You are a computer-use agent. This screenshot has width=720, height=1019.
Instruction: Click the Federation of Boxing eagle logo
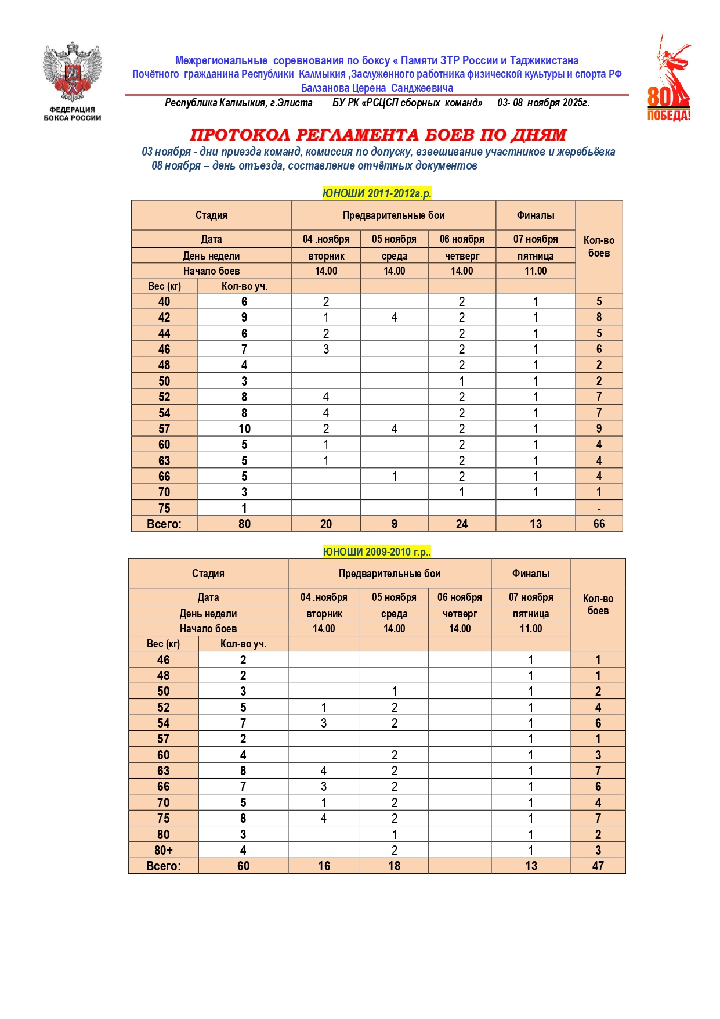coord(72,72)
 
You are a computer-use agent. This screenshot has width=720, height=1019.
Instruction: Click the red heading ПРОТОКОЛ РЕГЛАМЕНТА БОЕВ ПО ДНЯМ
coord(378,135)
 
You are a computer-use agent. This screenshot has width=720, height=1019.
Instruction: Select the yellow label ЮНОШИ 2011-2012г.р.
coord(377,193)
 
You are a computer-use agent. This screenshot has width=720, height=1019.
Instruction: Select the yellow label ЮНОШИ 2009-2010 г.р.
coord(377,552)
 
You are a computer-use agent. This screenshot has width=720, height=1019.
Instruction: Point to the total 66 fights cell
coord(599,524)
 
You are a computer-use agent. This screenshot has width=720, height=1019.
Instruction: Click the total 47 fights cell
coord(598,866)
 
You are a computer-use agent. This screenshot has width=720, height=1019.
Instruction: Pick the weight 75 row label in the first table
coord(164,508)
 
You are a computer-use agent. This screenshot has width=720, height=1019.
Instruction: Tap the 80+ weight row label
coord(164,850)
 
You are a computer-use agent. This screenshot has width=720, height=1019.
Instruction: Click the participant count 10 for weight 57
coord(244,429)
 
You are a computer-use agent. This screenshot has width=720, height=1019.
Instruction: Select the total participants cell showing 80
coord(244,524)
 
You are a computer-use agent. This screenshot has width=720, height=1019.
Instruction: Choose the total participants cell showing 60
coord(243,866)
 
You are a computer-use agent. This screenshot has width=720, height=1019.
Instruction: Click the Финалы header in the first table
coord(536,215)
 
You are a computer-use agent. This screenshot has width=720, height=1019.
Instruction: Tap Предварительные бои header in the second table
coord(389,574)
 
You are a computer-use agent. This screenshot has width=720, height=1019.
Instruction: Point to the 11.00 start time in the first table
coord(536,271)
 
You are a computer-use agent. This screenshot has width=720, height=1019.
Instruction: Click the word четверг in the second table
coord(460,614)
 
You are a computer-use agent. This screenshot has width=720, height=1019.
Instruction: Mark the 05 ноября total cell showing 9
coord(394,524)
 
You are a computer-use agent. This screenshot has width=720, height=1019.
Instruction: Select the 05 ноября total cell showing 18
coord(394,866)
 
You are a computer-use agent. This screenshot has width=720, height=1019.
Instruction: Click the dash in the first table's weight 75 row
coord(599,509)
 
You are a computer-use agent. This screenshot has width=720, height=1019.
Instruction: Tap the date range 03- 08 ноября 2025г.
coord(543,103)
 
